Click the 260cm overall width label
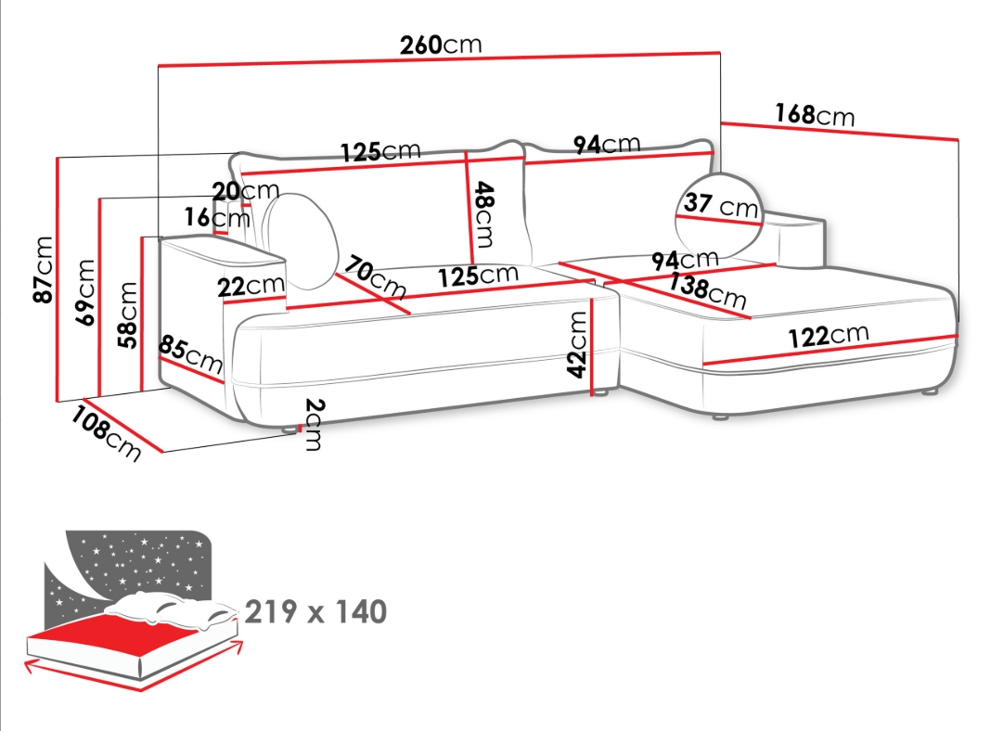coord(441,45)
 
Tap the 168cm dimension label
coord(815,115)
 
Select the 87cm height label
coord(44,270)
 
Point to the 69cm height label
coord(85,292)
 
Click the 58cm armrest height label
coord(127,315)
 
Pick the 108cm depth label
coord(105,433)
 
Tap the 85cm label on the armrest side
coord(191,354)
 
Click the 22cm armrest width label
coord(251,286)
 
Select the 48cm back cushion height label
coord(484,214)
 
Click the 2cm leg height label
coord(314,424)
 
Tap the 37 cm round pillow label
coord(720,204)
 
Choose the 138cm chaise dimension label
coord(707,289)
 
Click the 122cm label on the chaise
coord(829,335)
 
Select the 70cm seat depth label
coord(376,276)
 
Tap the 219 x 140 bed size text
coord(315,611)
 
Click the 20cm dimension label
coord(245,190)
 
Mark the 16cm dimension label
coord(216,217)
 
